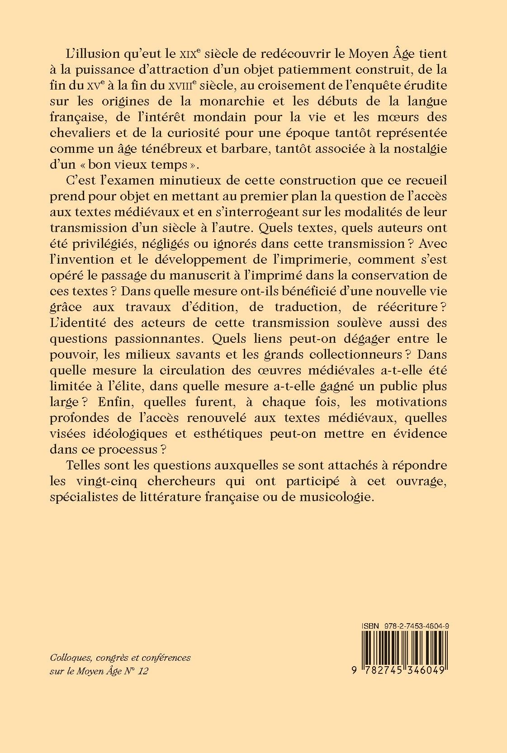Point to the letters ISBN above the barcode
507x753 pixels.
(370, 625)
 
